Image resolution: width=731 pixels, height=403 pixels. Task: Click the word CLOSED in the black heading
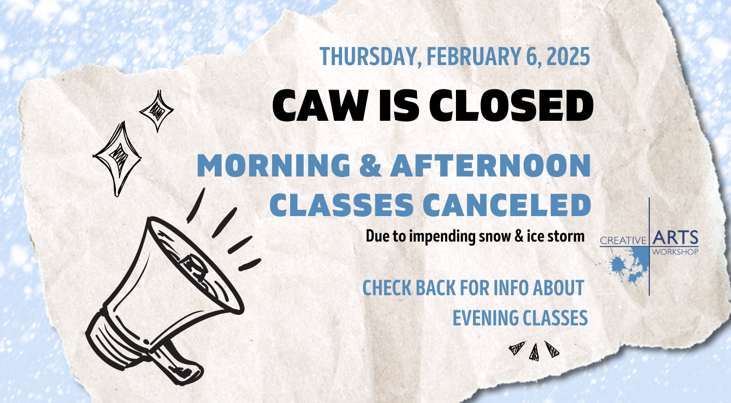(511, 106)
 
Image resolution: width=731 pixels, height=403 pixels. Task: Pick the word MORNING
(273, 166)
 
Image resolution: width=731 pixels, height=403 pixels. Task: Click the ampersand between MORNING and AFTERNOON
(370, 166)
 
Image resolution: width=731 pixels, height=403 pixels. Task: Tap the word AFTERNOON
(490, 166)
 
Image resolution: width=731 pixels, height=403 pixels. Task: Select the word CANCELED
(507, 205)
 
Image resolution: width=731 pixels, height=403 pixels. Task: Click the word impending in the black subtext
(442, 236)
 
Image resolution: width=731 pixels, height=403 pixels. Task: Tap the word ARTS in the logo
(675, 237)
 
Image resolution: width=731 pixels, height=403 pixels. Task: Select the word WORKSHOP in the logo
(675, 251)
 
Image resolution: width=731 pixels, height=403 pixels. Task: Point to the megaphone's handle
(178, 363)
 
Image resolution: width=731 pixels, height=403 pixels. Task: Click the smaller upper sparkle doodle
(157, 111)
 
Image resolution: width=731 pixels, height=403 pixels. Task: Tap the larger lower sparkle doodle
(118, 158)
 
